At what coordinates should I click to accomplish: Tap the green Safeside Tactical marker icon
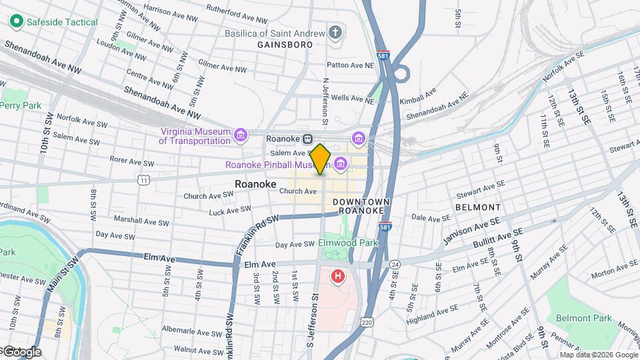pos(17,22)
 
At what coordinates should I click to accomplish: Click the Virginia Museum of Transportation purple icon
pos(241,135)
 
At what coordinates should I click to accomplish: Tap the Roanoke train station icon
pos(307,139)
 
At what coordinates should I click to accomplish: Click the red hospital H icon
pos(339,275)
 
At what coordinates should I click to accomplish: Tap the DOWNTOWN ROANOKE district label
pos(361,206)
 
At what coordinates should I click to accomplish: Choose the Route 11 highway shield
pos(143,180)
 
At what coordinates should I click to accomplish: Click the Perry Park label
pos(21,105)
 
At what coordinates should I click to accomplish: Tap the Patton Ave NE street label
pos(350,65)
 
